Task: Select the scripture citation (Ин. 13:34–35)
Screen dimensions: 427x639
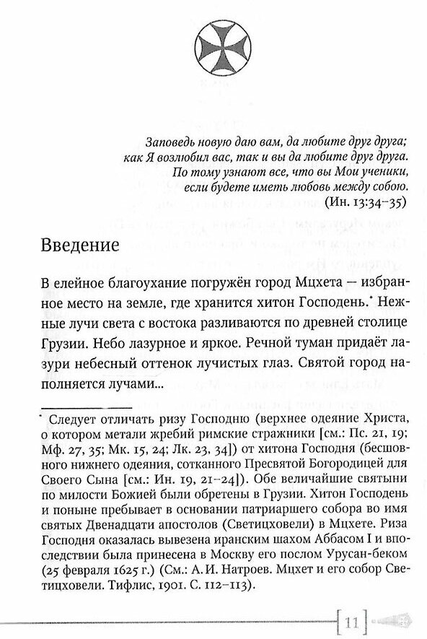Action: point(365,202)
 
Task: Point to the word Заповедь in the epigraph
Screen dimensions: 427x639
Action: point(165,140)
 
